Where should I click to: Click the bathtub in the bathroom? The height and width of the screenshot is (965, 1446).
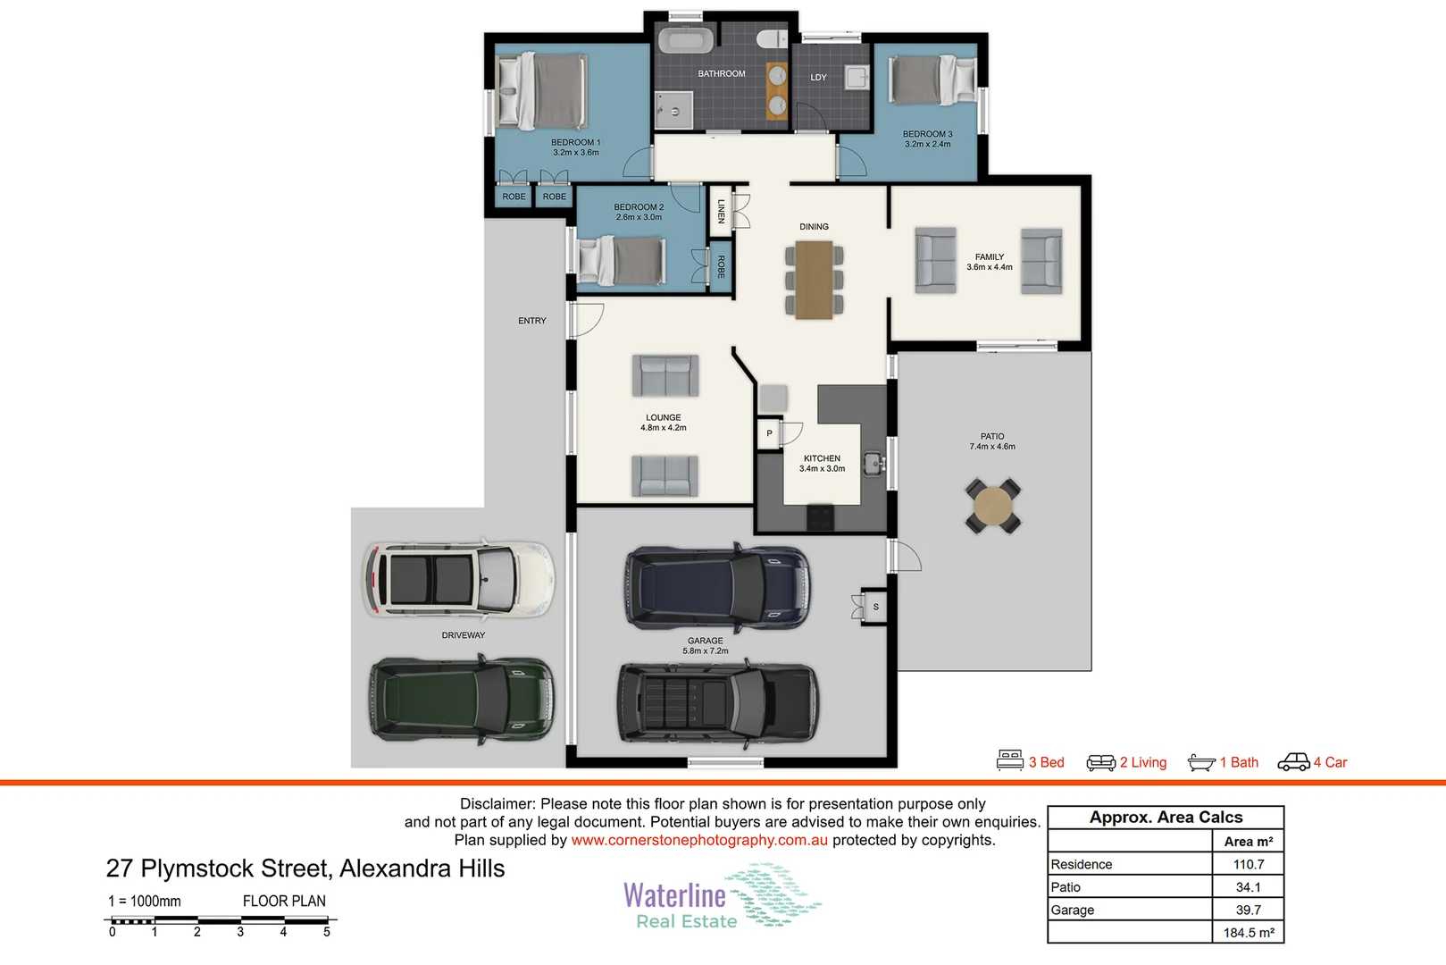click(x=685, y=40)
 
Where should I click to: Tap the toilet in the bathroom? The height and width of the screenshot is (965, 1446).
click(x=771, y=39)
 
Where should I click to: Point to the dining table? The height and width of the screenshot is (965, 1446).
click(x=814, y=280)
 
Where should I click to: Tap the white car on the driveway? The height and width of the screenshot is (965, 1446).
click(x=457, y=579)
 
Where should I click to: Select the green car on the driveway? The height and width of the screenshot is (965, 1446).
click(x=461, y=700)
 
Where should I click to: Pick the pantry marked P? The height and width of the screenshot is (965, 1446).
click(x=769, y=433)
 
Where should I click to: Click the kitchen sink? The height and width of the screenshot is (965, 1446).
click(x=873, y=464)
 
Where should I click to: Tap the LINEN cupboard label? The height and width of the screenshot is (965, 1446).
click(x=721, y=211)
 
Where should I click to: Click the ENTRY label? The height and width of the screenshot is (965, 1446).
click(x=532, y=321)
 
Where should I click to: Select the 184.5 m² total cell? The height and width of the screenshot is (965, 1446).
click(x=1248, y=933)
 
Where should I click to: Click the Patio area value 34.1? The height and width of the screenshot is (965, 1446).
click(x=1248, y=887)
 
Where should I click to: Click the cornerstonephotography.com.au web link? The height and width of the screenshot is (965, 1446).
click(x=699, y=840)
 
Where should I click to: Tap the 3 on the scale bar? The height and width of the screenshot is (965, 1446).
click(x=240, y=932)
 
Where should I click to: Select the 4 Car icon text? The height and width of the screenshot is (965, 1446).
click(x=1330, y=762)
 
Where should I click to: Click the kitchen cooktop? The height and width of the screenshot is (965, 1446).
click(x=820, y=516)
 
